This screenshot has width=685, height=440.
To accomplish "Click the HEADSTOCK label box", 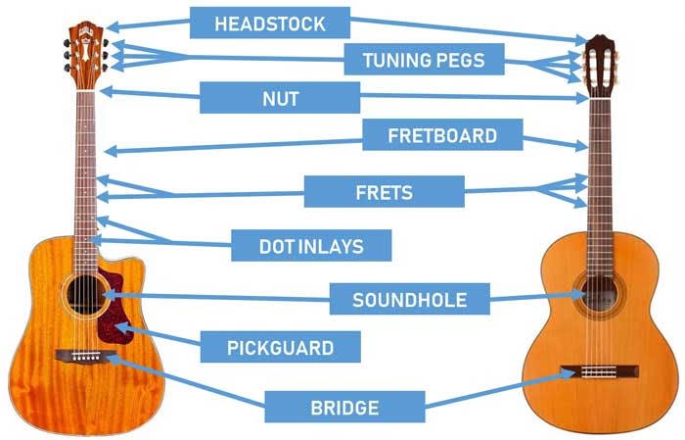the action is click(270, 23).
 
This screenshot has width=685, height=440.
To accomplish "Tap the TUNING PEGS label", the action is click(424, 59).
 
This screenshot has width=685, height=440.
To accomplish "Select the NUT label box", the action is click(280, 98).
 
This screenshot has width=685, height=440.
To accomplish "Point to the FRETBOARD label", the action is click(442, 134).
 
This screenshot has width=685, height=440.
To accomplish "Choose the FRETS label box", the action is click(384, 191).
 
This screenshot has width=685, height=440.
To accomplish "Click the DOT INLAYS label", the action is click(311, 245).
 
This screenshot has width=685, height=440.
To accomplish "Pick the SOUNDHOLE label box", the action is click(410, 299).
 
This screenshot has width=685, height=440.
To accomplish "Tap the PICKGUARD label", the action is click(281, 347).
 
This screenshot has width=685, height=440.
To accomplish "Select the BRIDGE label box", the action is click(344, 407).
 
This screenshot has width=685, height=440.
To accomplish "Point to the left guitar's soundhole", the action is click(86, 294).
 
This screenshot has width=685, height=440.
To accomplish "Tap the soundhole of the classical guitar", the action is click(599, 293).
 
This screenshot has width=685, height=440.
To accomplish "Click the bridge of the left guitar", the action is click(86, 356).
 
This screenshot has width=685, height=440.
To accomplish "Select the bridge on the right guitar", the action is click(599, 371).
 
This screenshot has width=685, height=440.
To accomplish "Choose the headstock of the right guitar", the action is click(599, 66).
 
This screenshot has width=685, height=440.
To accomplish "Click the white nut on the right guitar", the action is click(599, 99).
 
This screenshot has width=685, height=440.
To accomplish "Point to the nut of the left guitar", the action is click(86, 91).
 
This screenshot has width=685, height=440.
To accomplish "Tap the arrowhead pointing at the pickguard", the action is click(122, 328).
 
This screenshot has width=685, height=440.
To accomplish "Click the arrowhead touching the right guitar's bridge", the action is click(567, 374).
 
